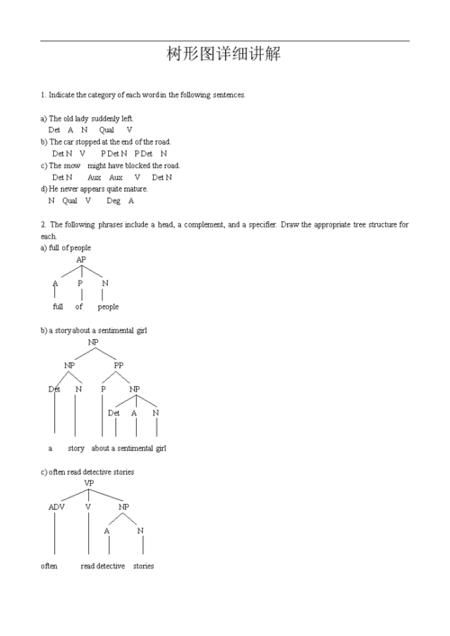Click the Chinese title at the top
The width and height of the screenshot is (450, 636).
[224, 54]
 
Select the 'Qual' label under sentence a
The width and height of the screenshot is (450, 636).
[106, 130]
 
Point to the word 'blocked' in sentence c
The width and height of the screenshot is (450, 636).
[144, 166]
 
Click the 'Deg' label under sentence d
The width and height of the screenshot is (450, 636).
[112, 201]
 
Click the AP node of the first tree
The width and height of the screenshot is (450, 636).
[81, 260]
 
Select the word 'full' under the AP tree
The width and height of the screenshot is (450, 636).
[58, 307]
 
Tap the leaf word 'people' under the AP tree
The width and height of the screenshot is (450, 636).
[108, 307]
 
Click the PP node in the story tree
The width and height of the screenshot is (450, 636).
[119, 365]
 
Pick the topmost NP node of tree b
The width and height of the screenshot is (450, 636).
[94, 343]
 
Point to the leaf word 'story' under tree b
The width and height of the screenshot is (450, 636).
[76, 448]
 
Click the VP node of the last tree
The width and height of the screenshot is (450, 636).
[89, 483]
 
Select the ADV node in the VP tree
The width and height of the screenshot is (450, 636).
[56, 506]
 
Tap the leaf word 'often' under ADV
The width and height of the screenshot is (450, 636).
[49, 566]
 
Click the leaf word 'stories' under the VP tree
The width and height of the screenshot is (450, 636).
[143, 566]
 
